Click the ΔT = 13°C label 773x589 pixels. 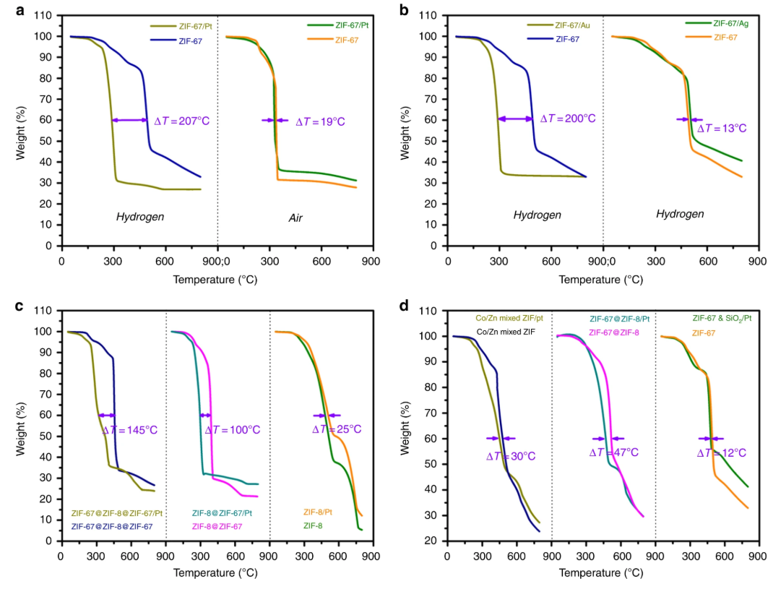722,129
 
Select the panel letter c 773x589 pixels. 20,305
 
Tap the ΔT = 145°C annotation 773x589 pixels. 132,430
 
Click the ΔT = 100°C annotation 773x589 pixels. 232,430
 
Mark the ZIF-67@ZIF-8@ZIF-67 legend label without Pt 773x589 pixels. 112,526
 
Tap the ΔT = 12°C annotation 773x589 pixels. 722,453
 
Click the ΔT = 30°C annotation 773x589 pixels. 511,456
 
